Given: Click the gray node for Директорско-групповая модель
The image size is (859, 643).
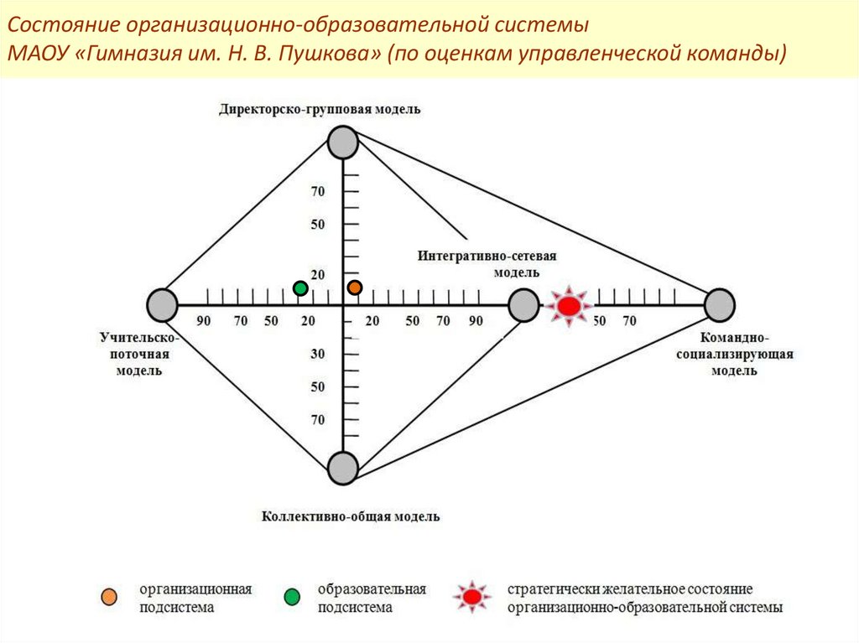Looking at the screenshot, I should click(x=342, y=143).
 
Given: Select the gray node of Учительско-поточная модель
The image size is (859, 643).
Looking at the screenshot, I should click(x=162, y=305).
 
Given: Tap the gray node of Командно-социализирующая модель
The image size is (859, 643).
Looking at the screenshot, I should click(x=719, y=305).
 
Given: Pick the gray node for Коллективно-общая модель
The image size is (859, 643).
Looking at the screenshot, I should click(x=343, y=467).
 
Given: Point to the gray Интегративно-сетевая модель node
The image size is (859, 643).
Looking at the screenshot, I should click(x=523, y=305).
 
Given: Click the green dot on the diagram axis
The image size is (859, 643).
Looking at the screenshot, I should click(x=300, y=288).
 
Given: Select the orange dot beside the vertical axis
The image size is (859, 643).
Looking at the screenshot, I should click(x=355, y=288).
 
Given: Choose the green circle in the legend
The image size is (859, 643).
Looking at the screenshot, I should click(x=292, y=597).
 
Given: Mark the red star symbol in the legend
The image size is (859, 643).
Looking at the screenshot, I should click(x=472, y=597).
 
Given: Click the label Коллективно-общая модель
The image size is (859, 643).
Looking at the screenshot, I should click(x=351, y=516).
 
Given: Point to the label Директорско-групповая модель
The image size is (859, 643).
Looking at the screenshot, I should click(x=320, y=109).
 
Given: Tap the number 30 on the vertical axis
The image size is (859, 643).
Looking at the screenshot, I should click(x=318, y=355).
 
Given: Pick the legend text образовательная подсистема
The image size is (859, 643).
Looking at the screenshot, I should click(x=372, y=598).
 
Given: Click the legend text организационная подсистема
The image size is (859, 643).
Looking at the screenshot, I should click(x=195, y=598).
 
